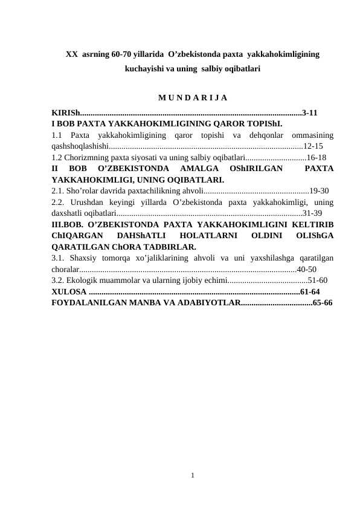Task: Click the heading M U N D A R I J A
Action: coord(192,97)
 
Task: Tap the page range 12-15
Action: coord(313,146)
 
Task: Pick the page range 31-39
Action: coord(312,213)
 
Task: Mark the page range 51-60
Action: coord(318,280)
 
